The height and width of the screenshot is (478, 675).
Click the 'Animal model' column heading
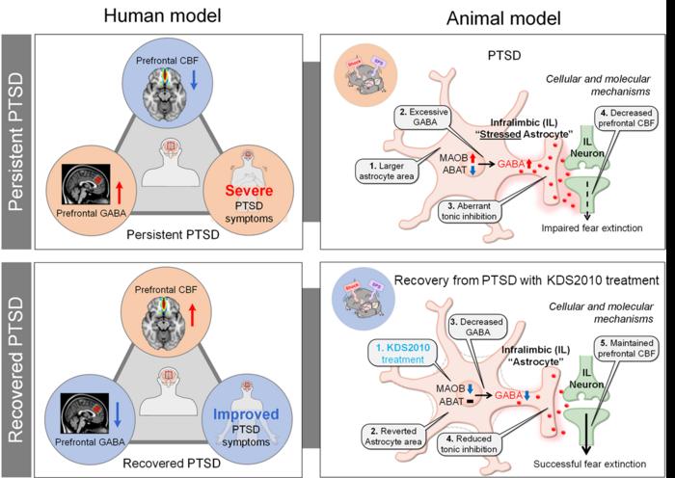(x=498, y=15)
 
